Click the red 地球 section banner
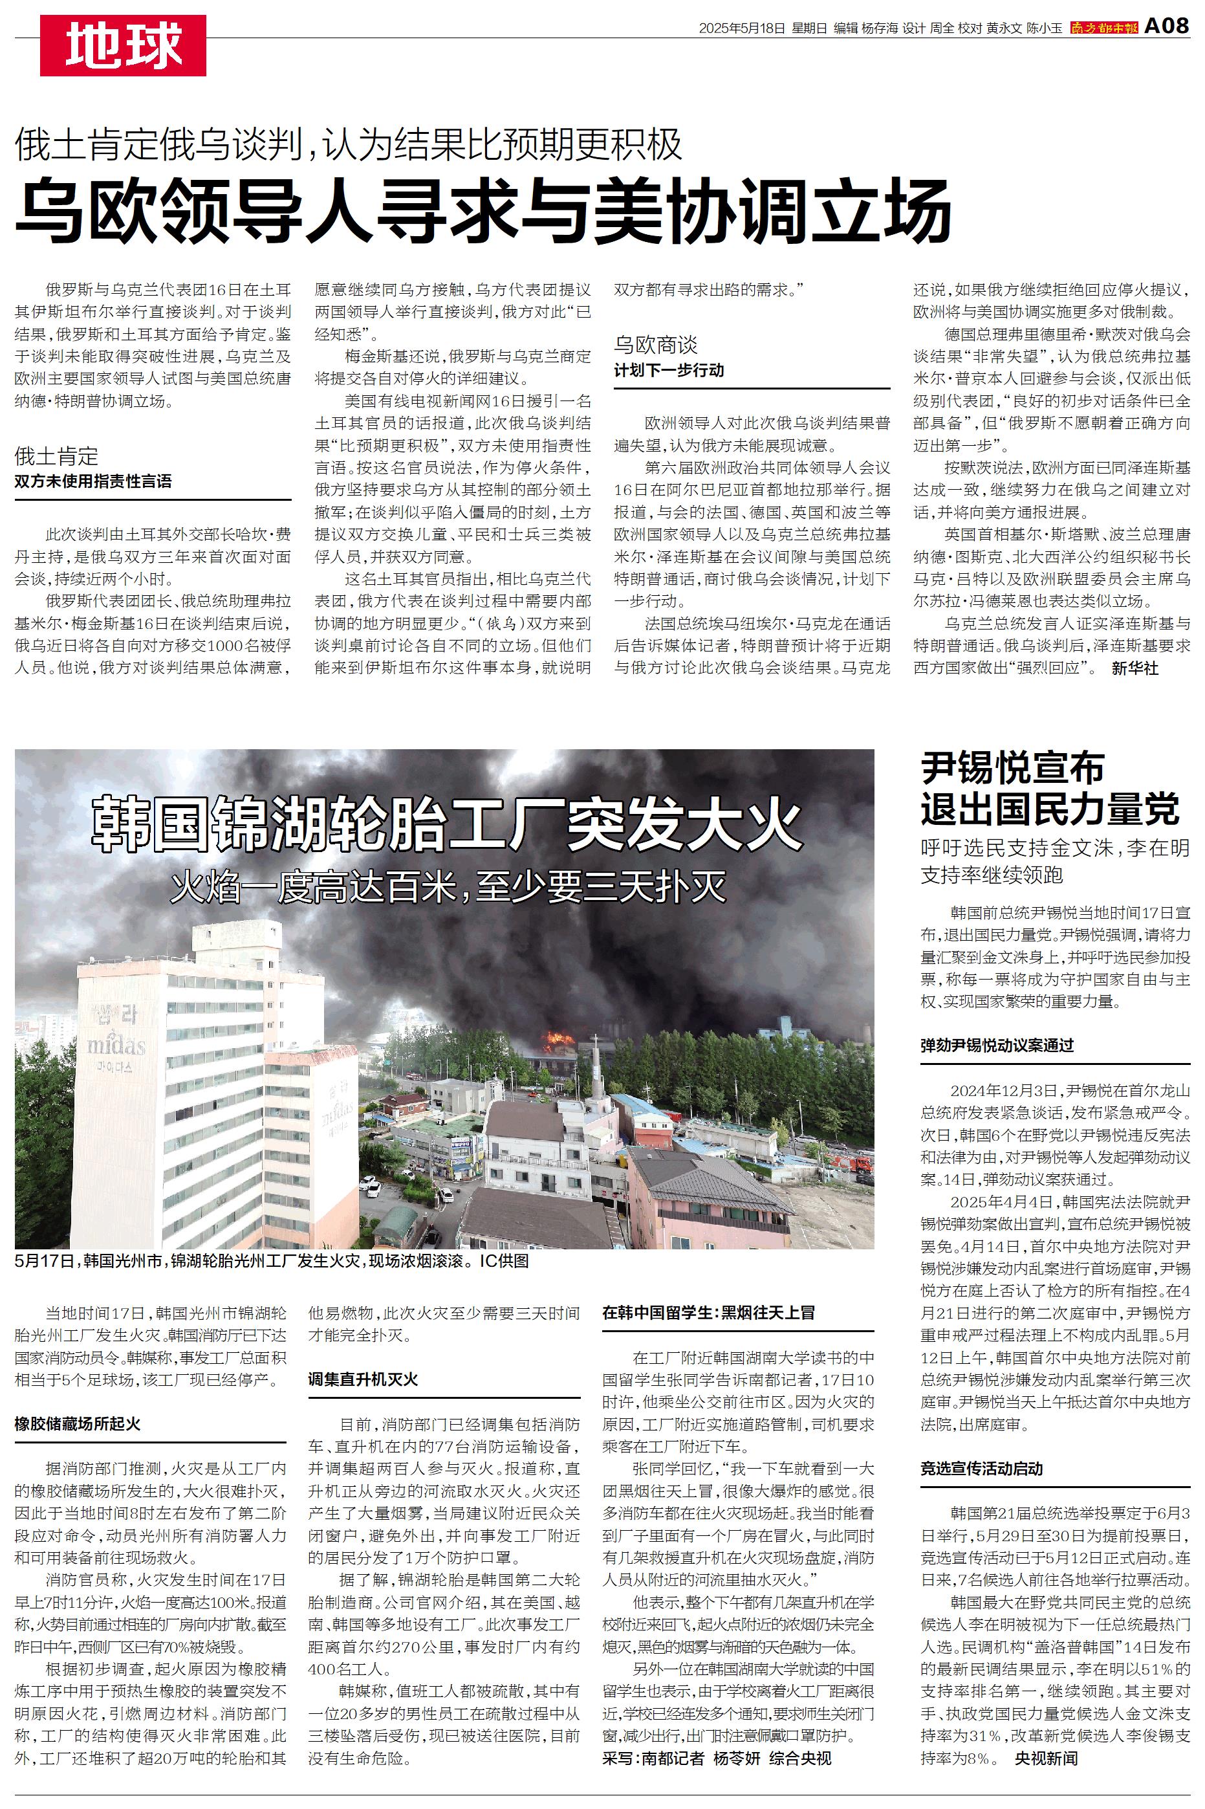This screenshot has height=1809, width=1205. (123, 45)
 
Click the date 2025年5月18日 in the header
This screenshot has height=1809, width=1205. (742, 28)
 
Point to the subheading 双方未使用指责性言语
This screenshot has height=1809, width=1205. (93, 482)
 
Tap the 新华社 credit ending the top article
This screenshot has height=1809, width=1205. (1134, 668)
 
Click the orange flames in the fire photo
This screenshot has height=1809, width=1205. (559, 1041)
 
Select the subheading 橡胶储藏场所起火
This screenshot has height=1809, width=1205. (78, 1424)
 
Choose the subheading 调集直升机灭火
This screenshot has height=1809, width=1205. (363, 1379)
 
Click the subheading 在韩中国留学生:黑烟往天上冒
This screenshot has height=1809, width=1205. (708, 1313)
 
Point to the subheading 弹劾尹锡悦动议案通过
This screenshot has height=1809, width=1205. (997, 1045)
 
